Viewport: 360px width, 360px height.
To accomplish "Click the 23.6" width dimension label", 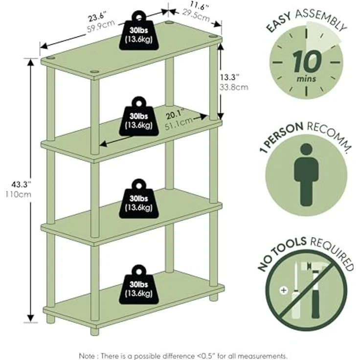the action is pos(97,17).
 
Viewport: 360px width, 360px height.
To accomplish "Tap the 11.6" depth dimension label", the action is pos(199,6).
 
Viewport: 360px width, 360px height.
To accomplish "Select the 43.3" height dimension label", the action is pos(21,184).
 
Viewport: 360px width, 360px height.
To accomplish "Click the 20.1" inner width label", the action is pos(176,114).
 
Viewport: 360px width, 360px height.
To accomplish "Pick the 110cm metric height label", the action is pos(18,195).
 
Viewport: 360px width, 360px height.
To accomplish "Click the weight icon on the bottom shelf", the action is pos(139,285).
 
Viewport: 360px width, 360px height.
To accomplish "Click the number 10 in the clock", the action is pos(307,61).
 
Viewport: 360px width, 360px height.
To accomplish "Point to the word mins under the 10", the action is pos(306,79).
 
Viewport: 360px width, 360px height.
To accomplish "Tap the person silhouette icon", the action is pos(306,175).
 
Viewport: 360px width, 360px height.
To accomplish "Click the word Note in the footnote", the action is pos(87,356).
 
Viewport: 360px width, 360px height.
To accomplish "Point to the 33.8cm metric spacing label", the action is pos(234,87).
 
